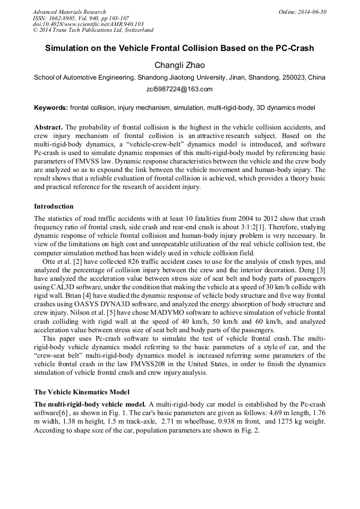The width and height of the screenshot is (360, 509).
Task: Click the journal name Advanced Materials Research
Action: pyautogui.click(x=69, y=12)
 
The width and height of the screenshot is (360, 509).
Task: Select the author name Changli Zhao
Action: pyautogui.click(x=179, y=65)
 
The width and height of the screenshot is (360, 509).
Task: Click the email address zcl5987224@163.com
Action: pyautogui.click(x=179, y=89)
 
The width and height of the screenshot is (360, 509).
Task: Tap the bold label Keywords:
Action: pyautogui.click(x=50, y=108)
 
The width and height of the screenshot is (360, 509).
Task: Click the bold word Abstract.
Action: pyautogui.click(x=48, y=128)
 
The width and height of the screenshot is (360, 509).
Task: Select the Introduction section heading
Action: pyautogui.click(x=54, y=206)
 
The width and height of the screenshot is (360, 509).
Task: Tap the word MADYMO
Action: pyautogui.click(x=158, y=312)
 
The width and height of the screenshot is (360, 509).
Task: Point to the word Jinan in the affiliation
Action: pyautogui.click(x=238, y=77)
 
